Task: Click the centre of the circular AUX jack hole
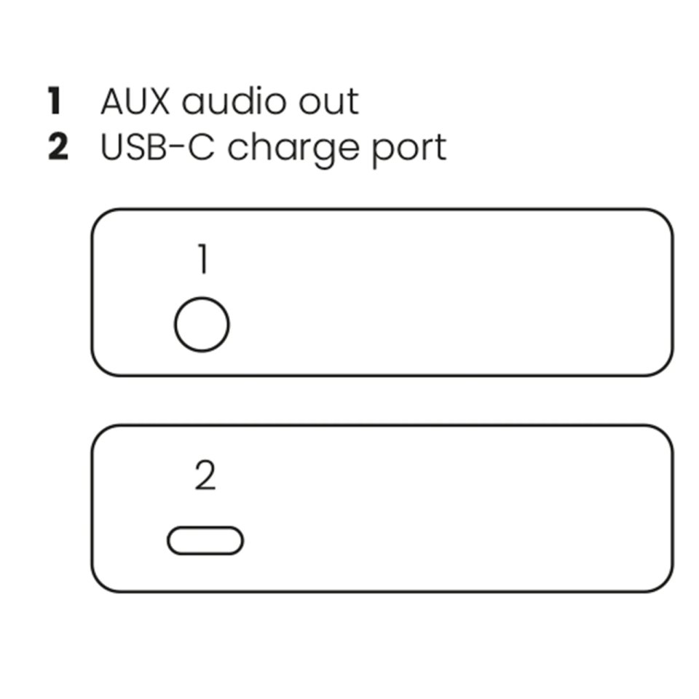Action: click(202, 325)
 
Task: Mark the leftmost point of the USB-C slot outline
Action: click(167, 541)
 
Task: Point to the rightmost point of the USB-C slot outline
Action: click(243, 541)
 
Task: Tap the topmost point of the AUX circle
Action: click(202, 297)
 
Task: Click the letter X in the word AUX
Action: click(157, 102)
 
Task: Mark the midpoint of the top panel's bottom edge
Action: click(382, 376)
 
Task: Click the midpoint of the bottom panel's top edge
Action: click(382, 426)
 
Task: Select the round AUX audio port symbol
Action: click(202, 325)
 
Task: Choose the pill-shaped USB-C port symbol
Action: click(205, 541)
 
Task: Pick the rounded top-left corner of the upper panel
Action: click(99, 217)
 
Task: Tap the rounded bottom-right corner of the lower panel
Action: click(665, 585)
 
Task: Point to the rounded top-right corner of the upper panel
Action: click(665, 217)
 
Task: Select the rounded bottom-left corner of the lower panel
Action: click(99, 585)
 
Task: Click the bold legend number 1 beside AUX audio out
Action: click(55, 101)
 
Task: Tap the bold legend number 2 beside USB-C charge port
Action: click(58, 147)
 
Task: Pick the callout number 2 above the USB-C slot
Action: click(205, 475)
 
